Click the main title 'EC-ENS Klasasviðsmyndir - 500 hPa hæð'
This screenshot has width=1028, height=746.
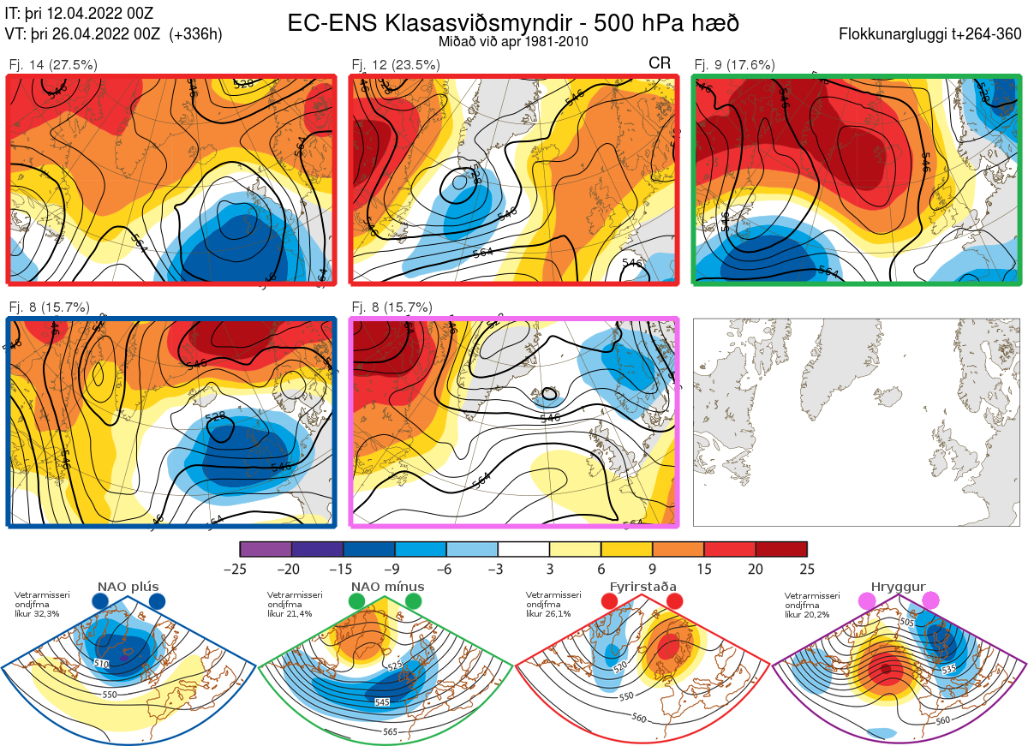click(513, 23)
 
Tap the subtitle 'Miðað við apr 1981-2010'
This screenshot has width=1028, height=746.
click(513, 41)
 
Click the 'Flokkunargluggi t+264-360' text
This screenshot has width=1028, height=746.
click(934, 34)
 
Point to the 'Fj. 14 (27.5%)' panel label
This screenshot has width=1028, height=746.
click(53, 65)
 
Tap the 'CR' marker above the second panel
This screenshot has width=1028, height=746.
click(660, 63)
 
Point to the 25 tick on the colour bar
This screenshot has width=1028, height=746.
click(806, 569)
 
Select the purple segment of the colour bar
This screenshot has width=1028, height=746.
click(266, 549)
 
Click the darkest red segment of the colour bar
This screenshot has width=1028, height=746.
click(781, 549)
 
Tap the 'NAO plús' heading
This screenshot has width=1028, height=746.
click(128, 587)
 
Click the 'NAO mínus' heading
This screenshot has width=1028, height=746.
click(387, 587)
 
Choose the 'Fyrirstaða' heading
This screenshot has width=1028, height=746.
click(642, 587)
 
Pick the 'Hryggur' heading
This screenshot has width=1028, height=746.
click(899, 587)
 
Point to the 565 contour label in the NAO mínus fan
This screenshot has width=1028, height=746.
click(390, 731)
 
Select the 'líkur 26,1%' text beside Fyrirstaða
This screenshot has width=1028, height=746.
click(548, 614)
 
